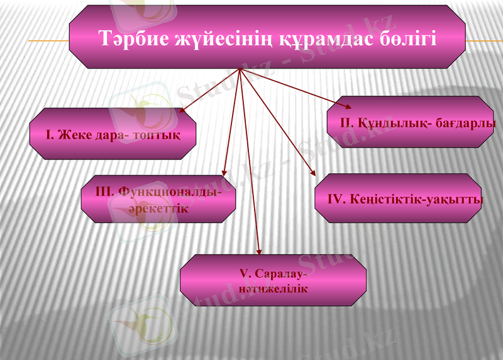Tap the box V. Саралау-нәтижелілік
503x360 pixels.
pos(273,281)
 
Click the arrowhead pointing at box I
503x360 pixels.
pos(182,111)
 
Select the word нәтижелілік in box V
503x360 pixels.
pos(273,288)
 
